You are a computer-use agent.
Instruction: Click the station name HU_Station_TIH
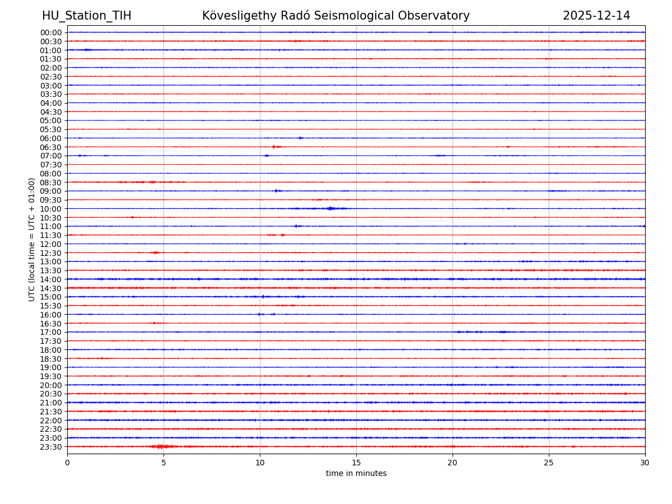[x=86, y=16]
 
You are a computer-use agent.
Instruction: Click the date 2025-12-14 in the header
[x=596, y=16]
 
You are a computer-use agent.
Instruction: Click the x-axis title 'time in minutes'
[x=356, y=474]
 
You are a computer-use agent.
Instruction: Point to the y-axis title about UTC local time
[x=32, y=239]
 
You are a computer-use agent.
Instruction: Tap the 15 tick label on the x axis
[x=356, y=463]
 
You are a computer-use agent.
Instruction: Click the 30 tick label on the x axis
[x=645, y=463]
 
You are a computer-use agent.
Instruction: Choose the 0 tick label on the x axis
[x=67, y=463]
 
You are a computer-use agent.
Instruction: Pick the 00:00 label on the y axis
[x=51, y=32]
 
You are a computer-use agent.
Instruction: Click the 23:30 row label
[x=51, y=447]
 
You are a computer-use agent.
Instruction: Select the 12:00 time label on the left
[x=51, y=244]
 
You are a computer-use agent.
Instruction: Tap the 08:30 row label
[x=51, y=183]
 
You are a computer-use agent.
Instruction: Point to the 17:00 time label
[x=51, y=332]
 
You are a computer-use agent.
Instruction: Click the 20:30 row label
[x=51, y=394]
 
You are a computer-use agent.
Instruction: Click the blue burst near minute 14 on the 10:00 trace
[x=331, y=208]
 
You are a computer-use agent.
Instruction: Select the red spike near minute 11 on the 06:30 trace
[x=274, y=147]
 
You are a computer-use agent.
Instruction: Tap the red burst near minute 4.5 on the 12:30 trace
[x=155, y=253]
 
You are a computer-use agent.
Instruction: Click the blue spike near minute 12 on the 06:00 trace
[x=300, y=138]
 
